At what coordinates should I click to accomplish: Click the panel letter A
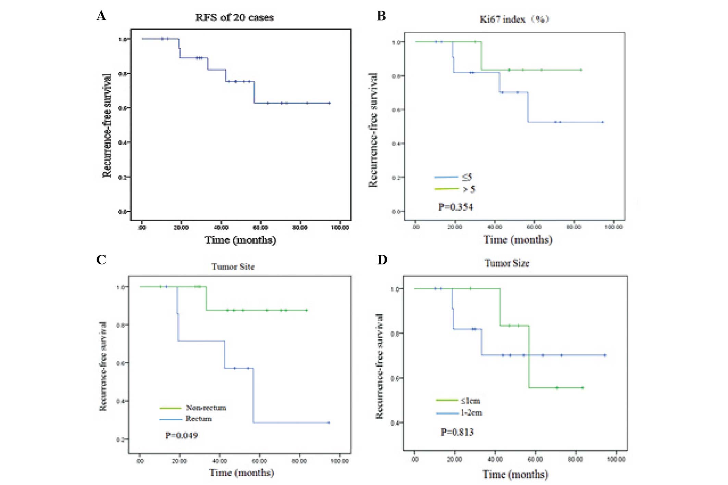tap(101, 16)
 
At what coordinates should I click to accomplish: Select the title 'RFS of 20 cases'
tap(234, 17)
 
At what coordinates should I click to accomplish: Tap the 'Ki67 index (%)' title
tap(514, 19)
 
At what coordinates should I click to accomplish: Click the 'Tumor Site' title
tap(233, 266)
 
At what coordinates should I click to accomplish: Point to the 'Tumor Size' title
tap(507, 263)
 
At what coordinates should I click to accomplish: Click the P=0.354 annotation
tap(455, 207)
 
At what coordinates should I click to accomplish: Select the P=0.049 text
tap(181, 435)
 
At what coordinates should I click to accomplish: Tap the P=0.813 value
tap(457, 432)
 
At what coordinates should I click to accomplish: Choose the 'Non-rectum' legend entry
tap(206, 408)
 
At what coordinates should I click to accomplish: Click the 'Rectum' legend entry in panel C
tap(199, 419)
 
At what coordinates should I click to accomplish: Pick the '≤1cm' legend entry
tap(470, 401)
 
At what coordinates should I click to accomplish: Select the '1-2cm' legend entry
tap(471, 413)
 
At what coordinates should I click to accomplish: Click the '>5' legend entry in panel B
tap(469, 189)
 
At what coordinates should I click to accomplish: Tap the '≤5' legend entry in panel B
tap(467, 177)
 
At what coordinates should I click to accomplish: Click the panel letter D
tap(382, 260)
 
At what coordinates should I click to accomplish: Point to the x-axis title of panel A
tap(240, 240)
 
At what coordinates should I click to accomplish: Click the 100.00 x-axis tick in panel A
tap(340, 228)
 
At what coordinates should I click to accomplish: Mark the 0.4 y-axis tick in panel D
tap(395, 423)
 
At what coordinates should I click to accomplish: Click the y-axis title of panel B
tap(373, 130)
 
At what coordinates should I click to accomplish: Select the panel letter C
tap(101, 260)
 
